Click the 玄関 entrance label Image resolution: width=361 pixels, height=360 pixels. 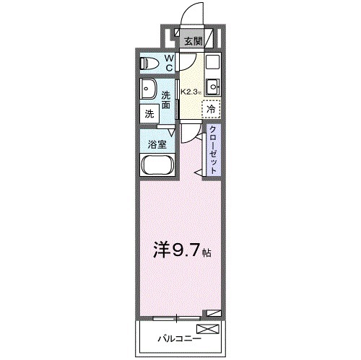pyautogui.click(x=191, y=41)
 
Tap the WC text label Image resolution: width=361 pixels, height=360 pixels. pyautogui.click(x=168, y=63)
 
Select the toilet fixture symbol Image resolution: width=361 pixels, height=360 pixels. pyautogui.click(x=148, y=63)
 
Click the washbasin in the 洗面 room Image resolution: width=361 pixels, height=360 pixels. pyautogui.click(x=149, y=89)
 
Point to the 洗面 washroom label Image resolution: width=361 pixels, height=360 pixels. pyautogui.click(x=166, y=100)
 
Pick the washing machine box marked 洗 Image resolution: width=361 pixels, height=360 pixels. pyautogui.click(x=149, y=113)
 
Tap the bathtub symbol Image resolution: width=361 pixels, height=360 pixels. pyautogui.click(x=156, y=164)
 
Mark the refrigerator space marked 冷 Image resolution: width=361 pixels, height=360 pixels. pyautogui.click(x=211, y=108)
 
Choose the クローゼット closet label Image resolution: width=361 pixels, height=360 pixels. pyautogui.click(x=214, y=149)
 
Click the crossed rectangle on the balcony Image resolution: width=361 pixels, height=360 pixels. pyautogui.click(x=206, y=332)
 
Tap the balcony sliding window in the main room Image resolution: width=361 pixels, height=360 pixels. pyautogui.click(x=176, y=316)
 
